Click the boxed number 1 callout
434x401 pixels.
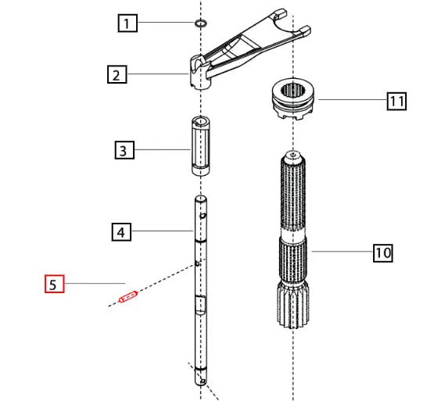[127, 23]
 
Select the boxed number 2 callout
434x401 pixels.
[116, 75]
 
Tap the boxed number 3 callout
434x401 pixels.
[123, 150]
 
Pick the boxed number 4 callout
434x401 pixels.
[120, 231]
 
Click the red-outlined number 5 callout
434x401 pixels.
[52, 283]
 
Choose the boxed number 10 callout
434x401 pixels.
[382, 252]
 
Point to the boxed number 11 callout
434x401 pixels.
[396, 100]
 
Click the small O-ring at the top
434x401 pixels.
[200, 23]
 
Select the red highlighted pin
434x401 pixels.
[127, 297]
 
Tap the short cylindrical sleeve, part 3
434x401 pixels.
[199, 146]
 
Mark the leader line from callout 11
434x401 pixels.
[352, 100]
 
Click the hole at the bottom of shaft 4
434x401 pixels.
[203, 381]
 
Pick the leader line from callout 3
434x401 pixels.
[160, 150]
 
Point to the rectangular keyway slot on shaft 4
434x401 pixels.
[200, 304]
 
